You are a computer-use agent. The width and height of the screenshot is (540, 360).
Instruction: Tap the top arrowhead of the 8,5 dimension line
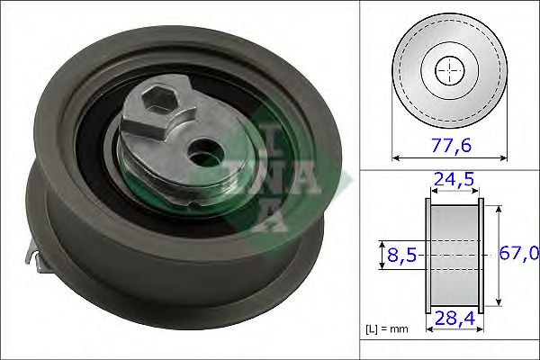coord(383,243)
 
